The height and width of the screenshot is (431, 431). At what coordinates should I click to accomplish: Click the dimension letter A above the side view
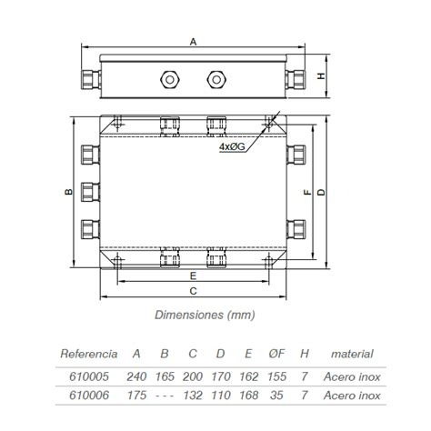pos(193,41)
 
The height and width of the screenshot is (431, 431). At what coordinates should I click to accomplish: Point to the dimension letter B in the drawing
pos(68,192)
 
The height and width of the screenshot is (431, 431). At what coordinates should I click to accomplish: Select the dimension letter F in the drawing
pos(307,192)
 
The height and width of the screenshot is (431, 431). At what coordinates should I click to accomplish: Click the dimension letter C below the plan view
pos(193,291)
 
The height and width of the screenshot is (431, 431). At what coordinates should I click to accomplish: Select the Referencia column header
pos(88,353)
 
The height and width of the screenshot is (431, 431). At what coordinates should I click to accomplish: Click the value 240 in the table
pos(136,376)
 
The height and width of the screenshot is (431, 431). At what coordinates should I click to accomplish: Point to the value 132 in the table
pos(192,395)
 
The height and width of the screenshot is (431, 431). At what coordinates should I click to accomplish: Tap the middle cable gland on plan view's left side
pos(88,191)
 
